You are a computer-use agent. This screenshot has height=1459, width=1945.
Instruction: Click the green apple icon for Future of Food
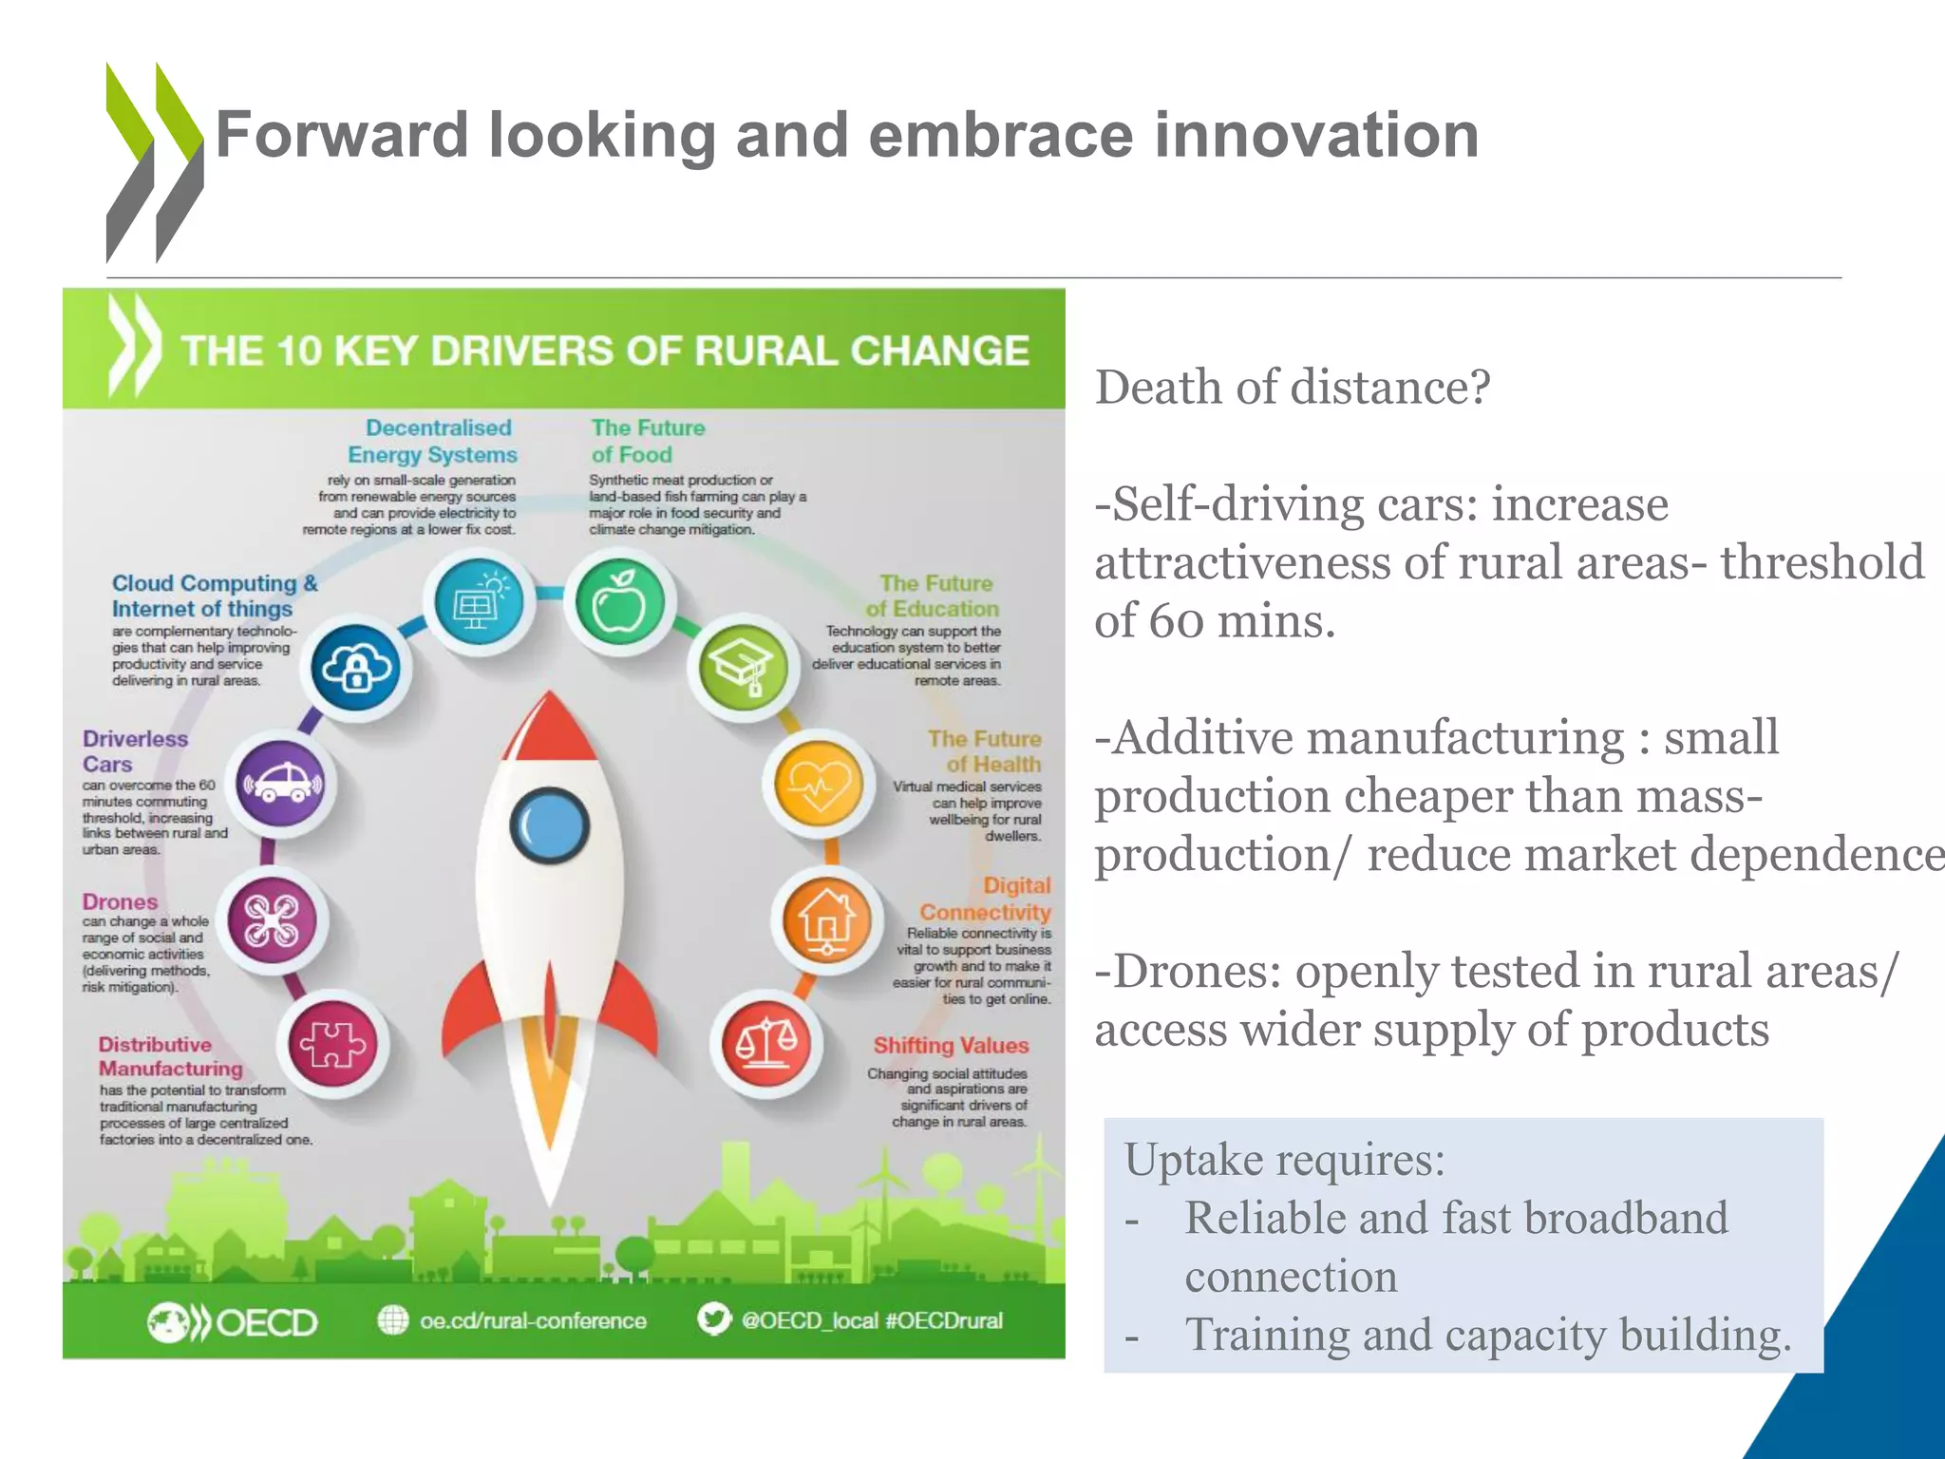click(619, 602)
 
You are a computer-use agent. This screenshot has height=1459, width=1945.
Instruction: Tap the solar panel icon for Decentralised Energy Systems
click(478, 602)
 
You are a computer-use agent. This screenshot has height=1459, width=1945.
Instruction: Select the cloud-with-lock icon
click(355, 669)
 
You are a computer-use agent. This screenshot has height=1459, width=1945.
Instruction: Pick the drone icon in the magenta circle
click(273, 920)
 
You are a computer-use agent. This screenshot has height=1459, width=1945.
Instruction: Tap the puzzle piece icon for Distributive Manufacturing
click(332, 1044)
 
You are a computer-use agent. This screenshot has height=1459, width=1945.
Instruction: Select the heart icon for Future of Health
click(819, 786)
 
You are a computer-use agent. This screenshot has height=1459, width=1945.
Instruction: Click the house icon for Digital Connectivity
click(826, 920)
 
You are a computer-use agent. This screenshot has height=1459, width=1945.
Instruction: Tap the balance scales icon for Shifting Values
click(765, 1044)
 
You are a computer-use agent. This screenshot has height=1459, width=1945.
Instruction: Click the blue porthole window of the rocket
click(550, 824)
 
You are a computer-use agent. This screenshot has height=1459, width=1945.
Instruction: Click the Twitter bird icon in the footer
click(713, 1319)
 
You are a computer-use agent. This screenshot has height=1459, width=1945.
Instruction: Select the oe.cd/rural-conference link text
click(533, 1320)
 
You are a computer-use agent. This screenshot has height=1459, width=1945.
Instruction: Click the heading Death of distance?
click(1293, 388)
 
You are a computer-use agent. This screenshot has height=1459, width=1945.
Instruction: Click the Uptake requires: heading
click(1284, 1160)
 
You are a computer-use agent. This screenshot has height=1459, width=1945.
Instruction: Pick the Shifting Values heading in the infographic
click(951, 1045)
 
